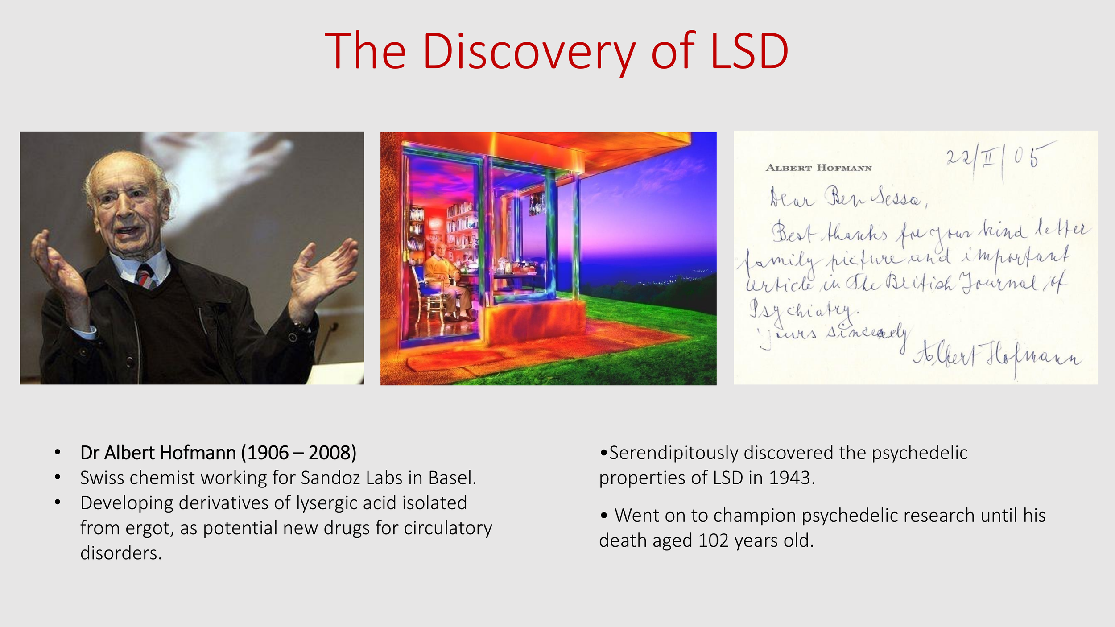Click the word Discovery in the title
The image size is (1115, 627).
tap(529, 53)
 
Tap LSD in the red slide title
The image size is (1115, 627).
tap(749, 52)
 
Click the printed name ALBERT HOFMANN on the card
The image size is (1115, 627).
tap(818, 168)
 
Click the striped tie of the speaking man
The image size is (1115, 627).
tap(145, 276)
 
